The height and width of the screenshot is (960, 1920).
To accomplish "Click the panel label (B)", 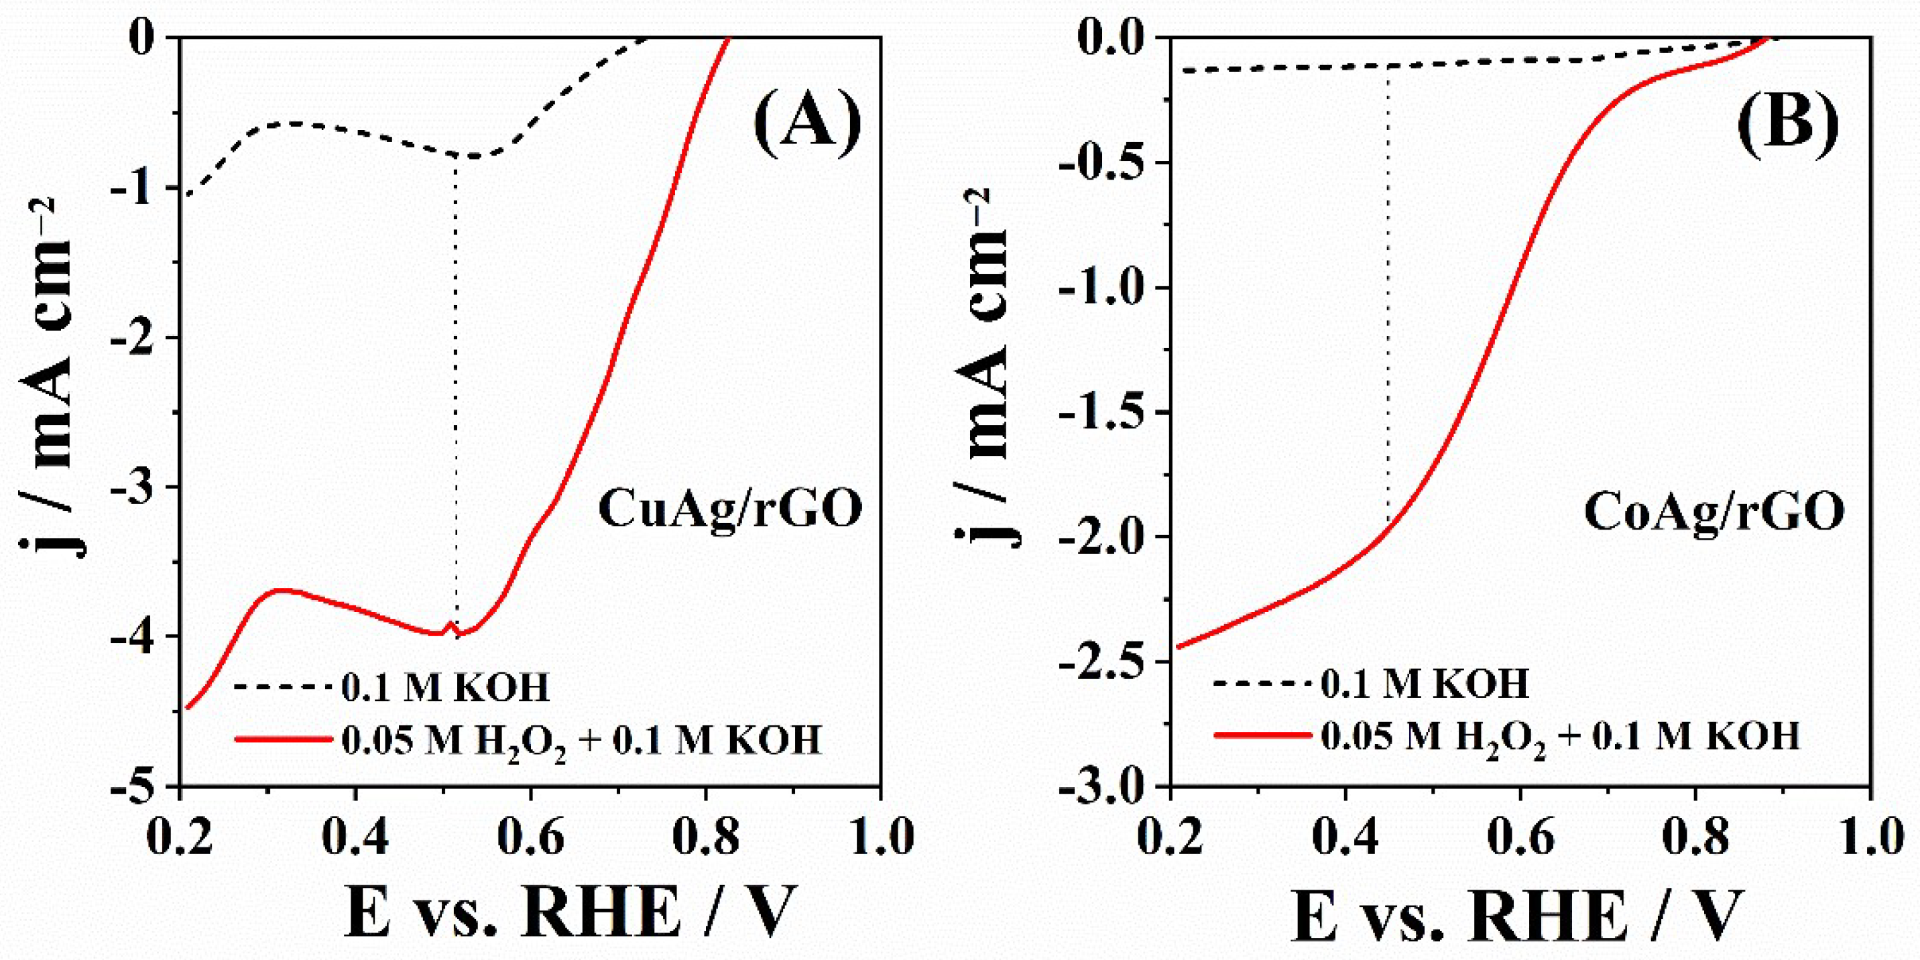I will click(1786, 125).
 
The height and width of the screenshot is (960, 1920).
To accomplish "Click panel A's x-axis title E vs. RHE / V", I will click(571, 913).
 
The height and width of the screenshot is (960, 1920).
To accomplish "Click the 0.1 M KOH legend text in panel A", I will click(445, 687).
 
